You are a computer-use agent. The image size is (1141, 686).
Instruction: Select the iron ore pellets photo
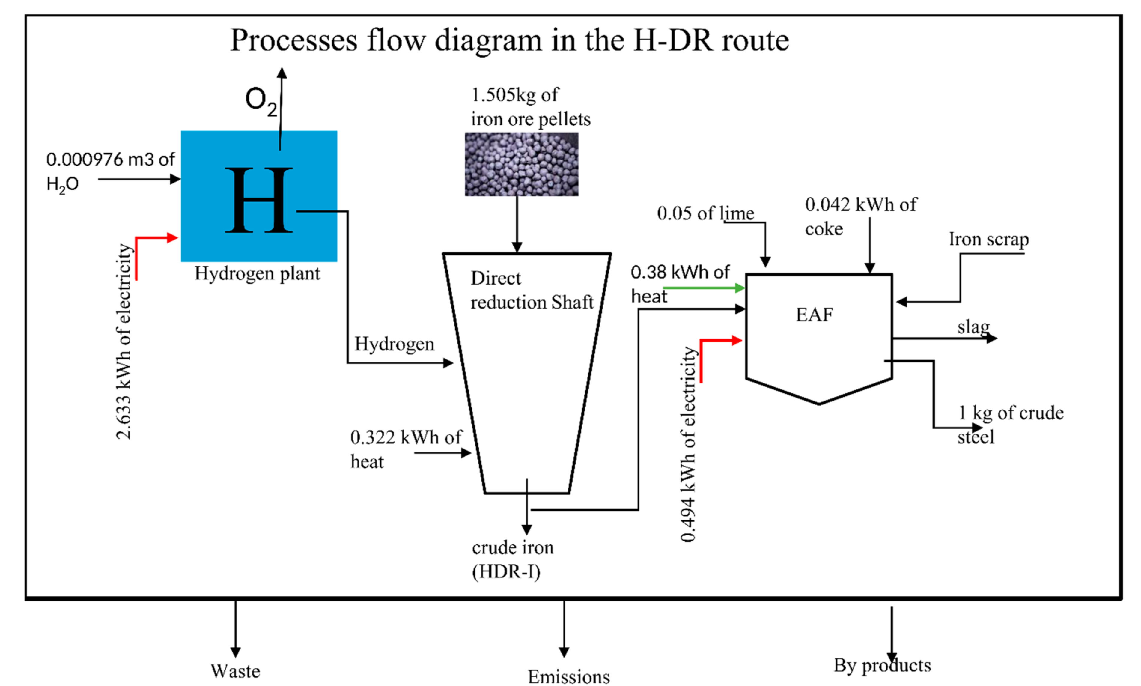pos(521,164)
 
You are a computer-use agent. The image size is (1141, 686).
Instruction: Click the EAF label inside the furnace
pos(814,315)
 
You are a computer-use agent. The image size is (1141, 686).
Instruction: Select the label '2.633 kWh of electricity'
pos(124,341)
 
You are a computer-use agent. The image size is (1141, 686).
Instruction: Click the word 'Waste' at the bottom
pos(235,671)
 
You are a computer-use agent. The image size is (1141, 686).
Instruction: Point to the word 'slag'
pos(973,327)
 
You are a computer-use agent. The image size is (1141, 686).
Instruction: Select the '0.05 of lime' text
pos(705,213)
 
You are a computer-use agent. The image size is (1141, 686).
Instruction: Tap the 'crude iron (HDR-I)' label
pos(512,560)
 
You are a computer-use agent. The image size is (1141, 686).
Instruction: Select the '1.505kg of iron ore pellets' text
pos(530,107)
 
